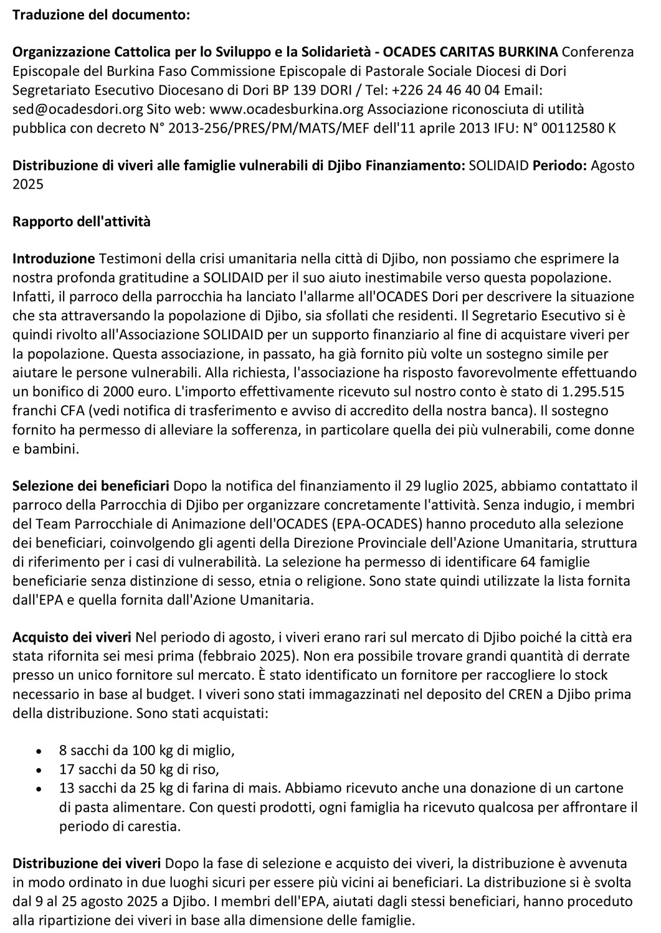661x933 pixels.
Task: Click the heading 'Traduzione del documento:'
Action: click(x=102, y=16)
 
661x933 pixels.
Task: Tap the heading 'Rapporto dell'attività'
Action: click(x=82, y=222)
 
